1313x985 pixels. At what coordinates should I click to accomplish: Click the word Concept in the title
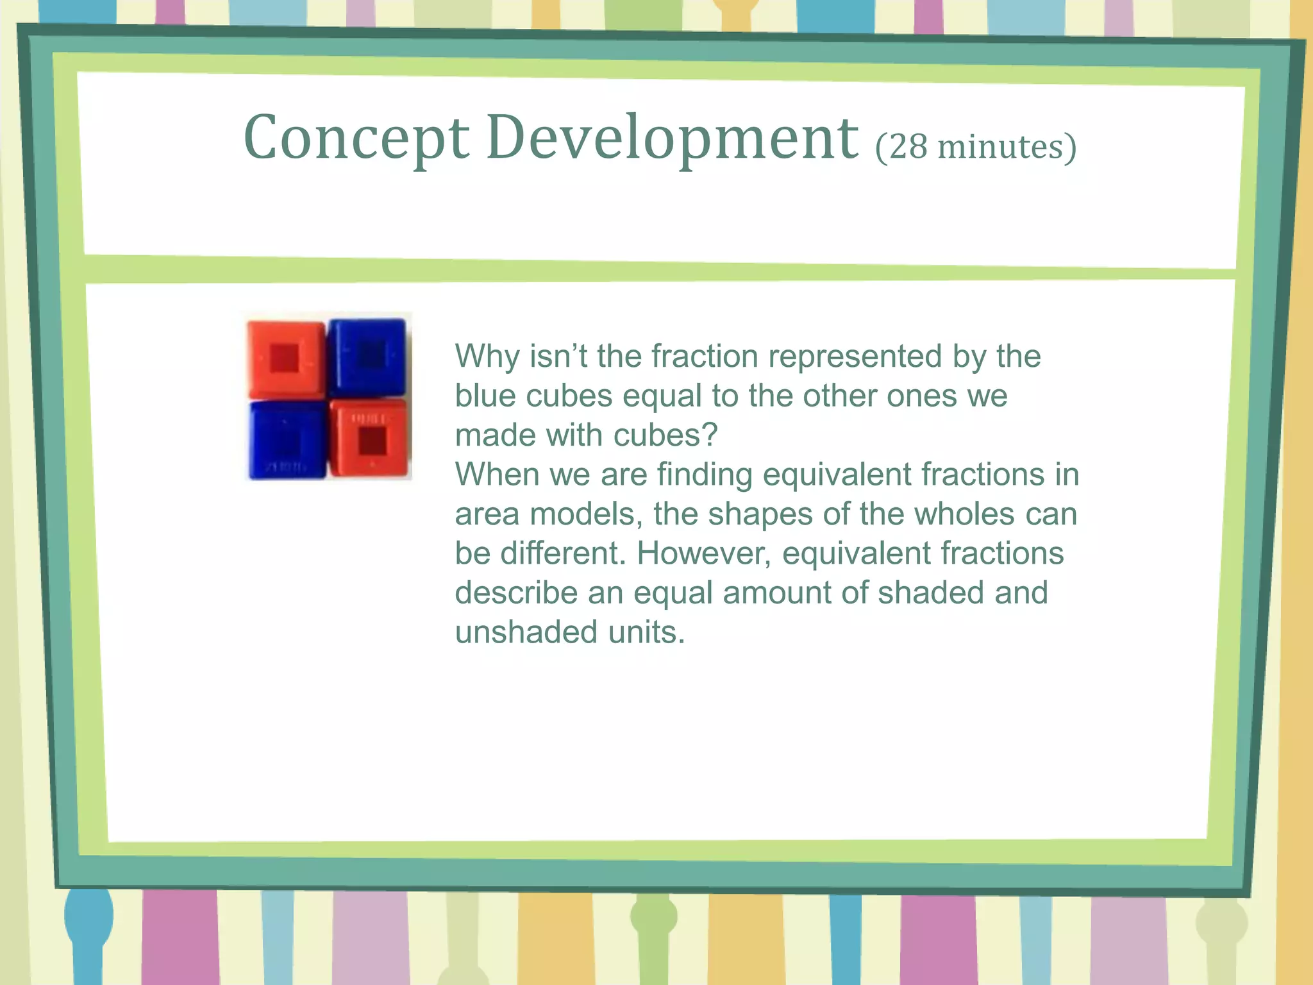tap(356, 139)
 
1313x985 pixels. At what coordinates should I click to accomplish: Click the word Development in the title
tap(672, 139)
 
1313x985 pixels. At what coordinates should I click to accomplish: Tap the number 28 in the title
tap(908, 147)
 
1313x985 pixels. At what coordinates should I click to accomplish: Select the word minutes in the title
tap(1000, 147)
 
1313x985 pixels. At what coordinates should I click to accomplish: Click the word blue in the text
tap(485, 396)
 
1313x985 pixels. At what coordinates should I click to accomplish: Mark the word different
tap(562, 553)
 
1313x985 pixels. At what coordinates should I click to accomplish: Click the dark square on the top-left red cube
tap(285, 358)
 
